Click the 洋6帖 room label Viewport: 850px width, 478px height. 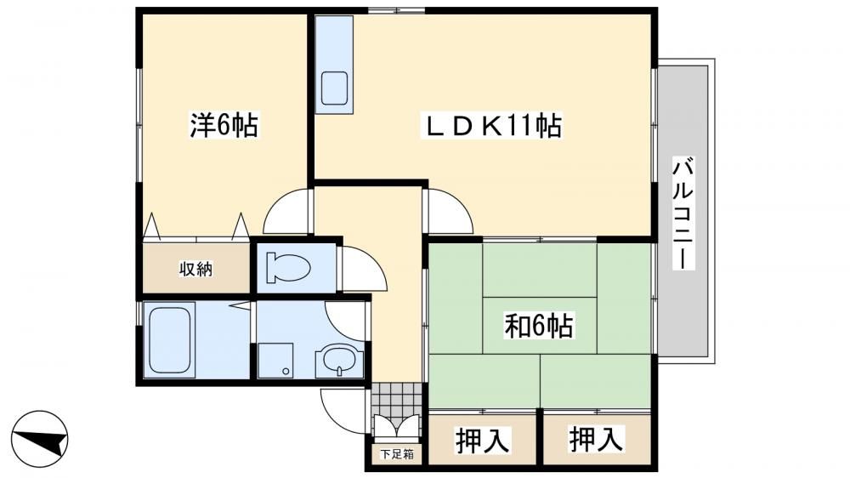[224, 125]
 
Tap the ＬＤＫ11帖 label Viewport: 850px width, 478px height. [491, 125]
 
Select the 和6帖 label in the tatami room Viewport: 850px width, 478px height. [538, 326]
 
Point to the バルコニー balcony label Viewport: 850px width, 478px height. [683, 213]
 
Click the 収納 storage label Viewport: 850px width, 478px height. [195, 269]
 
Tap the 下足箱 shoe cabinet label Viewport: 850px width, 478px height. [397, 453]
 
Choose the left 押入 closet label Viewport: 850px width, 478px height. [482, 440]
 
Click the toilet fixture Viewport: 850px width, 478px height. [288, 268]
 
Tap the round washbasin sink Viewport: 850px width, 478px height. [340, 361]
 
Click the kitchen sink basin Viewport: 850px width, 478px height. [334, 88]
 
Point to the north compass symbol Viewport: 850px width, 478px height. [40, 438]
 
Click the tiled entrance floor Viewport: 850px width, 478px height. [397, 400]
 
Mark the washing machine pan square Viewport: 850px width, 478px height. [275, 361]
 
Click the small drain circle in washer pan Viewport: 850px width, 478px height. [286, 372]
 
